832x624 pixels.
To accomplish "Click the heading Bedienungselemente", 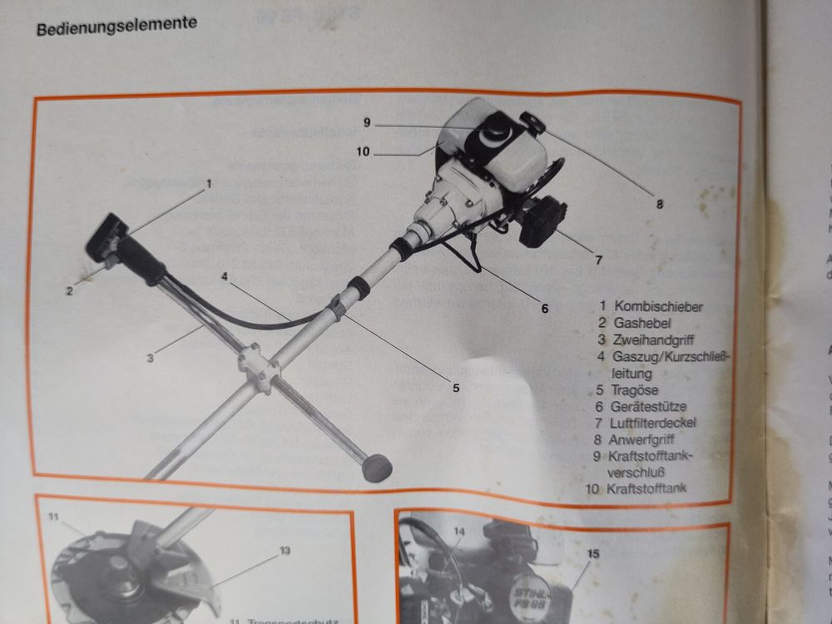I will (116, 24).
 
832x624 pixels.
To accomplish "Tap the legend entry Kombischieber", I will (657, 306).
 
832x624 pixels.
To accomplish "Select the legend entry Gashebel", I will (642, 323).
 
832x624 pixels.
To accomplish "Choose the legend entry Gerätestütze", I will (650, 406).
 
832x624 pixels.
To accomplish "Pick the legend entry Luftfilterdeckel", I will (656, 423).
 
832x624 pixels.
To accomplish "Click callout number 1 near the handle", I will (210, 182).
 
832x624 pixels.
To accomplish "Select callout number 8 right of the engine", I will (659, 203).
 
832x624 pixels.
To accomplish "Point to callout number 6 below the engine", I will (545, 308).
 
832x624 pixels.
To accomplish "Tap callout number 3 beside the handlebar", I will (151, 359).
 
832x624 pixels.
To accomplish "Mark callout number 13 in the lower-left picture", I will (285, 550).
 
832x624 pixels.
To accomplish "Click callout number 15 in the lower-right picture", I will (593, 552).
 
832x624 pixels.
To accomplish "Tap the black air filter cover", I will (542, 220).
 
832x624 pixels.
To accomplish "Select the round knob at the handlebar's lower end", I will (377, 468).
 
